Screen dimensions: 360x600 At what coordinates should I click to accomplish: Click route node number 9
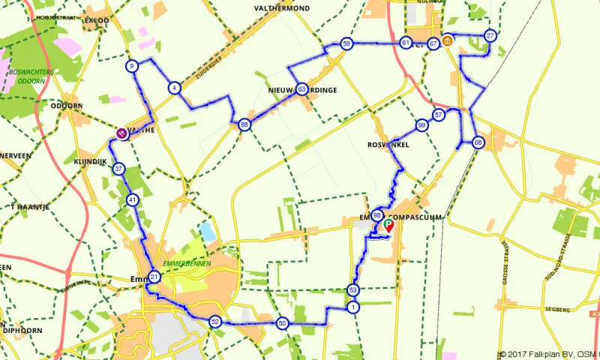132,66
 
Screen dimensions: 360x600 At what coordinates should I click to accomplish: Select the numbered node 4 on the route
174,88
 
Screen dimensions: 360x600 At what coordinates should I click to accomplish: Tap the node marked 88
244,124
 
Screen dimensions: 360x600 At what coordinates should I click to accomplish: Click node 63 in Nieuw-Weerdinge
301,88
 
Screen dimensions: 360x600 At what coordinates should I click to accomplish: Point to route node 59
346,43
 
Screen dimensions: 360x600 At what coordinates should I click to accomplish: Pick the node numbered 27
490,35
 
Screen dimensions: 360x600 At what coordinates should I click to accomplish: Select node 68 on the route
478,142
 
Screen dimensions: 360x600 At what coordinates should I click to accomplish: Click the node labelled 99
422,125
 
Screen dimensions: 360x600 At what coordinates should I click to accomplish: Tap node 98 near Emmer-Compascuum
377,215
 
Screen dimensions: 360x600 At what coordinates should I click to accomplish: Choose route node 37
118,169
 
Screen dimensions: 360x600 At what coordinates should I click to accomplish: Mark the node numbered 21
154,277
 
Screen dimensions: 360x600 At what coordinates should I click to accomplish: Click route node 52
214,322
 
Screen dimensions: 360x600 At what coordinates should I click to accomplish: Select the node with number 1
352,307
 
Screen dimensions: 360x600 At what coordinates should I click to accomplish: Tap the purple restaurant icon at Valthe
121,133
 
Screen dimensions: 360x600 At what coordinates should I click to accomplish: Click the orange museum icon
447,40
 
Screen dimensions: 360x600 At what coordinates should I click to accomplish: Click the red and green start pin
388,223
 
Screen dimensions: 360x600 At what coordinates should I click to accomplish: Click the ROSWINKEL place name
388,145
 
